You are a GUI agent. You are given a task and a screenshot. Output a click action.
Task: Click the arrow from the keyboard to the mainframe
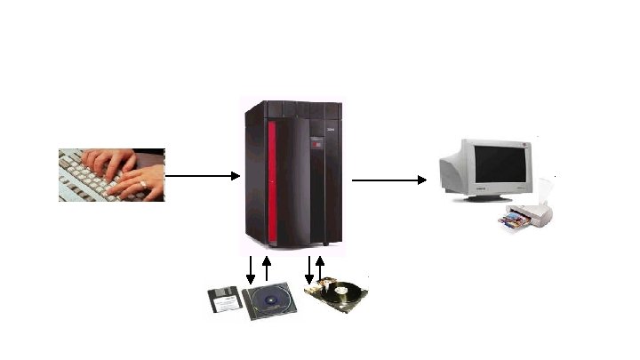pyautogui.click(x=203, y=176)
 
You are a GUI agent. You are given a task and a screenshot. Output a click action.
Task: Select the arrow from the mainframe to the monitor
pyautogui.click(x=389, y=180)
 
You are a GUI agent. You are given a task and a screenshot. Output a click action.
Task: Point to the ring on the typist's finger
pyautogui.click(x=142, y=185)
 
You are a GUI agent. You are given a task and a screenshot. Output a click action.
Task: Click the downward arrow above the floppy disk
pyautogui.click(x=251, y=269)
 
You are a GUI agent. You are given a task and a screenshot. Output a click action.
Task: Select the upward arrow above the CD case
pyautogui.click(x=267, y=268)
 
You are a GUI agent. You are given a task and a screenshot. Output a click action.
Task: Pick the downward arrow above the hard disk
pyautogui.click(x=309, y=269)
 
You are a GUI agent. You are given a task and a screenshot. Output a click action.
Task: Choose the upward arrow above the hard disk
pyautogui.click(x=321, y=268)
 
